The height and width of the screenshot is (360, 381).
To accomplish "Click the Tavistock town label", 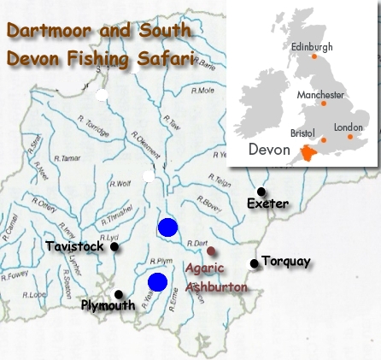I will (74, 246).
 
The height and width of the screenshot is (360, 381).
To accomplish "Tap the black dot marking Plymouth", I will (119, 295).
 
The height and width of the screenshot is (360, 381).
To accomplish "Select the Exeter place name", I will (267, 204).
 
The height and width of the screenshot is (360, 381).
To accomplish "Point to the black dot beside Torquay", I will (254, 263).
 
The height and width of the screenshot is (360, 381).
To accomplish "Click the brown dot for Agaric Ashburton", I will (212, 251).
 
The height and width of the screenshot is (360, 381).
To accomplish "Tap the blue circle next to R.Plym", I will (157, 282).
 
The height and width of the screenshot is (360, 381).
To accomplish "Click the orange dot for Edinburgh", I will (314, 56).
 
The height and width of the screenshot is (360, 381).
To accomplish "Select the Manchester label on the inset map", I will (320, 94).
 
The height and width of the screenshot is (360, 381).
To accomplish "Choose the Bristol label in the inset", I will (302, 133).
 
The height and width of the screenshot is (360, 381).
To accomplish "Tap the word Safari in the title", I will (164, 61).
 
